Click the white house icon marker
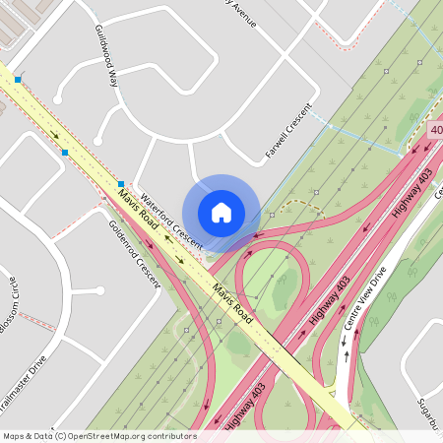click(221, 212)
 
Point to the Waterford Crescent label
click(170, 220)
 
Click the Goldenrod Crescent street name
click(134, 252)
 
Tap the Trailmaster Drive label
click(23, 383)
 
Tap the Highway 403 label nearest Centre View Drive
click(330, 301)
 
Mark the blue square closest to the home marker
click(121, 184)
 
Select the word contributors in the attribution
click(171, 436)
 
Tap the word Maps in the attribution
click(15, 436)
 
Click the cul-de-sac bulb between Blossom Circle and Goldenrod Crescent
click(99, 290)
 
